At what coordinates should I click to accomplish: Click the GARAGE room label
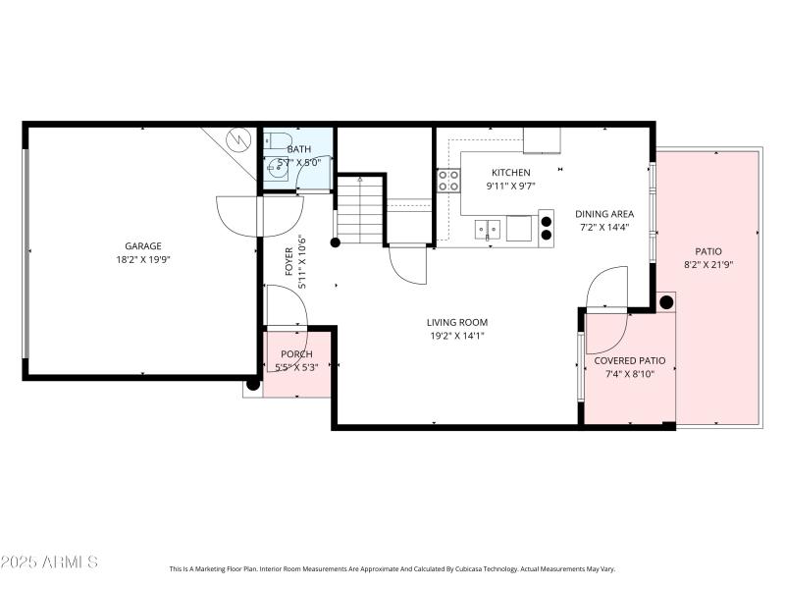pos(142,246)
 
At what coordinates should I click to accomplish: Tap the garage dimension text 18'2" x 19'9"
pos(142,260)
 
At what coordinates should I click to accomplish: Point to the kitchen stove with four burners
pos(448,180)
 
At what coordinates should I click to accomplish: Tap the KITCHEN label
pos(510,173)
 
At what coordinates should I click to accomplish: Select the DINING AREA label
pos(603,214)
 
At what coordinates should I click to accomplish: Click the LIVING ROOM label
pos(456,322)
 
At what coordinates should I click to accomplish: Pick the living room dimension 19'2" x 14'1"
pos(456,336)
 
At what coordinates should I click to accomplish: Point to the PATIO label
pos(708,251)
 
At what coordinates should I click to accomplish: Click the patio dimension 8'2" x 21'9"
pos(708,265)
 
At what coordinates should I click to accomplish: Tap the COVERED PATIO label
pos(630,360)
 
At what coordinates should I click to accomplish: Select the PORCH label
pos(296,354)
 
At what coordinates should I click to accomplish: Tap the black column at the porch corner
pos(253,384)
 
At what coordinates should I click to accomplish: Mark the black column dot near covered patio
pos(666,301)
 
